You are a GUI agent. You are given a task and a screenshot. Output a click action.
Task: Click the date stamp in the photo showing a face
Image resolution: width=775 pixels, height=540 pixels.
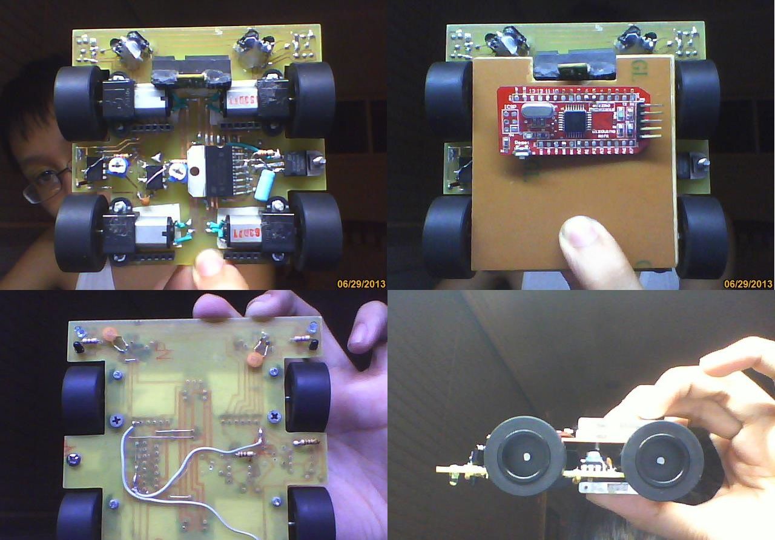coord(361,283)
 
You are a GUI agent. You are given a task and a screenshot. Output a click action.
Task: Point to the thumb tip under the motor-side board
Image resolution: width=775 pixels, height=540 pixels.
coord(209,264)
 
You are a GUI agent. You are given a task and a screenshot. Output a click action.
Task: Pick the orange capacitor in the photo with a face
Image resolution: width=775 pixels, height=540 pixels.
coord(144,197)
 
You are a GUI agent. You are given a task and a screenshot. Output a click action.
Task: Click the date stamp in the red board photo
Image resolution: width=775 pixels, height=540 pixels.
coord(748,283)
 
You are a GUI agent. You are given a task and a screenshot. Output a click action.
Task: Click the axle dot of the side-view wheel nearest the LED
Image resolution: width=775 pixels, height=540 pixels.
coord(526,456)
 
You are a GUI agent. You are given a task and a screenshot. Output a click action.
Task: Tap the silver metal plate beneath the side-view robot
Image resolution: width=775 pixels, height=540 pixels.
coord(605,487)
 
